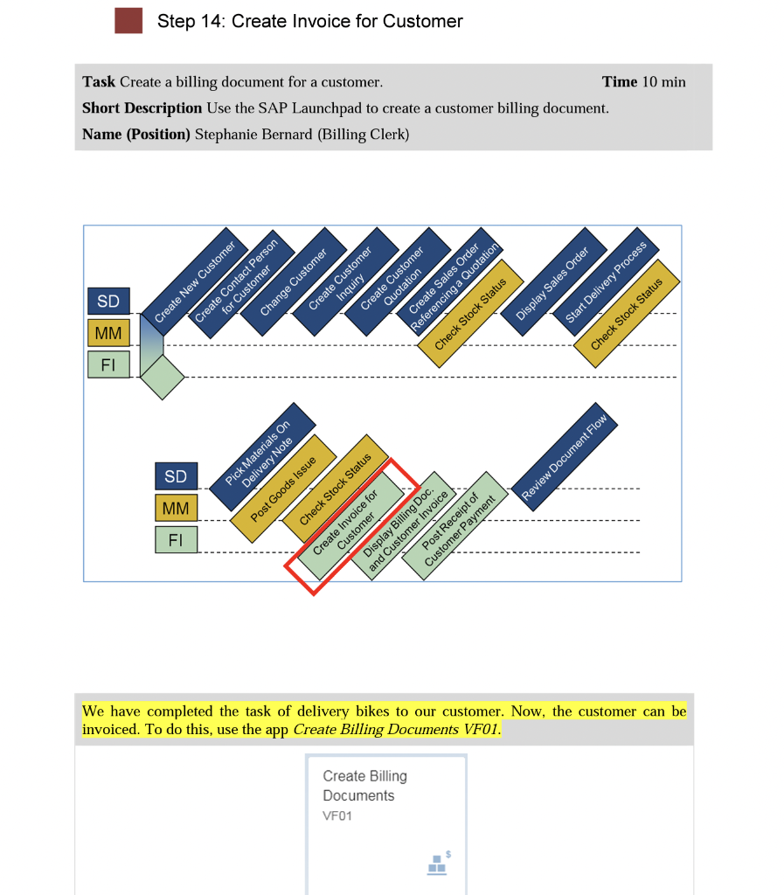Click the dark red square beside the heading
pyautogui.click(x=128, y=21)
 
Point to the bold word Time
pyautogui.click(x=619, y=81)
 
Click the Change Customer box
pyautogui.click(x=294, y=282)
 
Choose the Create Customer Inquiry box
pyautogui.click(x=345, y=282)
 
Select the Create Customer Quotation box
pyautogui.click(x=397, y=282)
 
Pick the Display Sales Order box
pyautogui.click(x=553, y=282)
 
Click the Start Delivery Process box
pyautogui.click(x=606, y=282)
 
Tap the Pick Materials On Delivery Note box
pyautogui.click(x=262, y=456)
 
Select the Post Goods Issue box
pyautogui.click(x=283, y=489)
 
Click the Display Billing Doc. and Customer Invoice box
pyautogui.click(x=403, y=525)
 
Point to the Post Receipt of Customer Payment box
pyautogui.click(x=454, y=525)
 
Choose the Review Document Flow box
pyautogui.click(x=564, y=456)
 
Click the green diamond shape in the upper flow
pyautogui.click(x=163, y=378)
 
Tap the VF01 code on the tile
pyautogui.click(x=337, y=816)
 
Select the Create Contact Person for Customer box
pyautogui.click(x=241, y=284)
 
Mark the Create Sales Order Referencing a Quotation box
pyautogui.click(x=449, y=282)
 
